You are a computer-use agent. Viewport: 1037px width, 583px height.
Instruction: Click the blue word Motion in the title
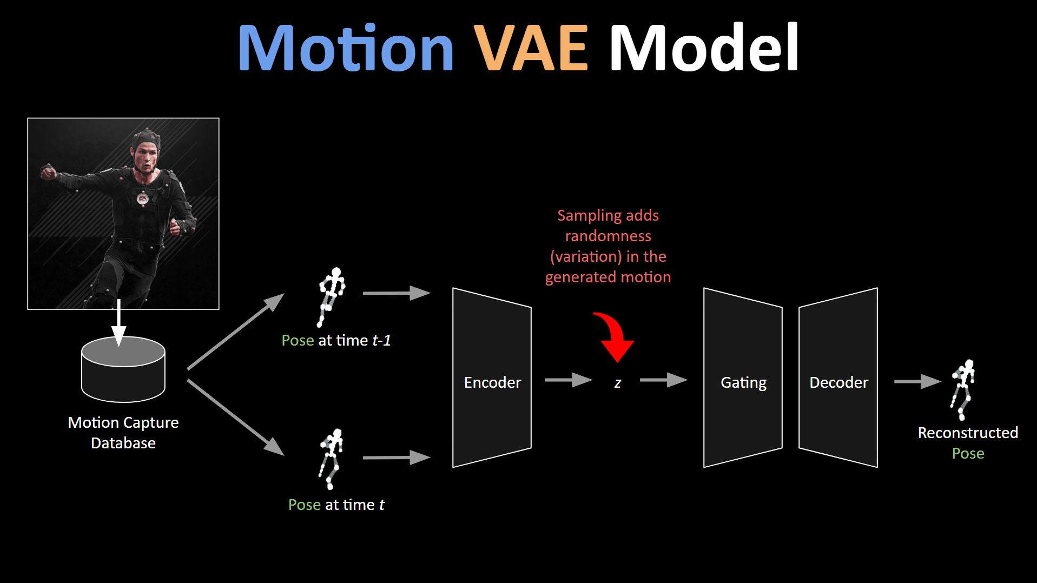(x=346, y=48)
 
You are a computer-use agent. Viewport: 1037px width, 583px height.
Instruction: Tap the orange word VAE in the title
(x=531, y=48)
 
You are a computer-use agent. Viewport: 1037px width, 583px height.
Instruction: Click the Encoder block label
(x=492, y=382)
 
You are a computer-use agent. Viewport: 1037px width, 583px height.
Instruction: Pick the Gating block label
(x=743, y=383)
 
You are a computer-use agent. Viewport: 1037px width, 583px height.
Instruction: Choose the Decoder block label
(x=838, y=382)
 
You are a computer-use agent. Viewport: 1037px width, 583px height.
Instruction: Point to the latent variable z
(x=618, y=383)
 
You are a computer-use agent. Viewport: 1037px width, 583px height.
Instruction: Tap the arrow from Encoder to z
(x=569, y=380)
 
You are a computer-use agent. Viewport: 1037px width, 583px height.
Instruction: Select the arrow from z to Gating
(x=664, y=380)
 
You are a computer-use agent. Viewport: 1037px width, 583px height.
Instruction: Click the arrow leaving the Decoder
(x=918, y=381)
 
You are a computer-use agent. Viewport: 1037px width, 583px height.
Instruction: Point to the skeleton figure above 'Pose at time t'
(x=331, y=459)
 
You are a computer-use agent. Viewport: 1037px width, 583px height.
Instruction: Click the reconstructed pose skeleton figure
(x=962, y=390)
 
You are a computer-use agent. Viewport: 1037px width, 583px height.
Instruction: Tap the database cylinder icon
(x=123, y=369)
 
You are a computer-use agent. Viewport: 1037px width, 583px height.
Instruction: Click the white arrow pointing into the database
(x=118, y=322)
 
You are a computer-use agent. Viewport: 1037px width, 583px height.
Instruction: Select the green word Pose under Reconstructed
(x=968, y=453)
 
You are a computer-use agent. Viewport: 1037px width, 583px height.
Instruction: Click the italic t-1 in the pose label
(x=381, y=340)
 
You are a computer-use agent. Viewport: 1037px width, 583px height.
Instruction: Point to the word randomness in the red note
(x=608, y=236)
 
